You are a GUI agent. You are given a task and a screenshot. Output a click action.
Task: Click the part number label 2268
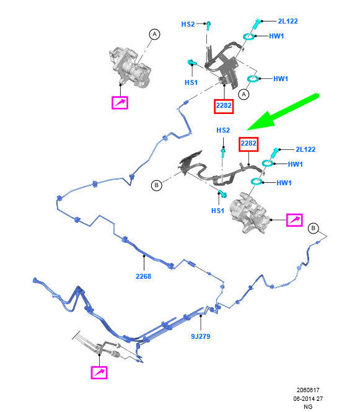pos(143,276)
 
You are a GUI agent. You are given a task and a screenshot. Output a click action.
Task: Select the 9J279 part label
pos(201,336)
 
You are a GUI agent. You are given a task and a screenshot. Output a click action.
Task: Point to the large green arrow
pos(283,112)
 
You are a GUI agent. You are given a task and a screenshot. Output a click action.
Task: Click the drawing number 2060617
pos(308,390)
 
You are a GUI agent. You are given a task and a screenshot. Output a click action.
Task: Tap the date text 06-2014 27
pos(308,398)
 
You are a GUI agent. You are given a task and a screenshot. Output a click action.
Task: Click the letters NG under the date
pos(308,407)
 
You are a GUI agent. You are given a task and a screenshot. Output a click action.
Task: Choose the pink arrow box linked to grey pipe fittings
pos(99,372)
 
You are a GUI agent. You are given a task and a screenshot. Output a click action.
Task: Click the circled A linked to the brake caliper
pos(154,34)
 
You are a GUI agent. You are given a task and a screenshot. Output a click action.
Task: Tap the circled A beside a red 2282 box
pos(244,94)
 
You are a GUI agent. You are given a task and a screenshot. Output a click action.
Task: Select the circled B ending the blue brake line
pos(314,228)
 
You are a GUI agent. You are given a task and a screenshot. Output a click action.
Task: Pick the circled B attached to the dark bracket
pos(157,185)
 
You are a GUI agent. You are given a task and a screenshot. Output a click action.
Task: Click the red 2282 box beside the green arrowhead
pos(248,144)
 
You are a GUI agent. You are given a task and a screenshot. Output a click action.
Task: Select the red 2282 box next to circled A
pos(224,106)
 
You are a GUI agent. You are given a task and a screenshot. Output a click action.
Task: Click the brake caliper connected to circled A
pos(130,68)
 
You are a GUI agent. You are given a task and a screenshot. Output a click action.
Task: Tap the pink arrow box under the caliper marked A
pos(120,102)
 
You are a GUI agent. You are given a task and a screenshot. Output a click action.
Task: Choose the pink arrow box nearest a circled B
pos(294,220)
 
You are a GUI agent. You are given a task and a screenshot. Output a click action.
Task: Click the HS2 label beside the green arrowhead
pos(223,130)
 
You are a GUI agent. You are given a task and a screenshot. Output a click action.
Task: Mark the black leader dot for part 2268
pos(144,256)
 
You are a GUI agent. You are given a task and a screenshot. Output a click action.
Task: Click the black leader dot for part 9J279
pos(201,316)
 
